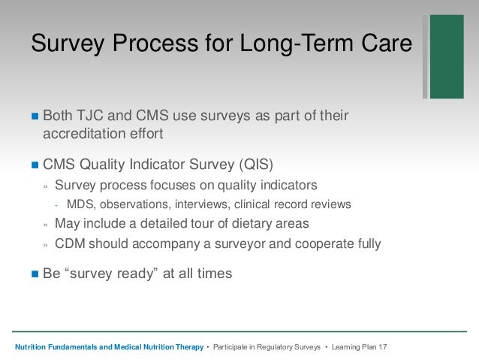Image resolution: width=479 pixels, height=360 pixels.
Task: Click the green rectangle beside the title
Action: [x=447, y=56]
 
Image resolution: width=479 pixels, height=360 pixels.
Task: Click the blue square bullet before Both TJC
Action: [x=35, y=116]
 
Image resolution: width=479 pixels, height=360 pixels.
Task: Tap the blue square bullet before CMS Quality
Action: [x=35, y=165]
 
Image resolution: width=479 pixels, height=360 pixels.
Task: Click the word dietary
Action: [x=252, y=223]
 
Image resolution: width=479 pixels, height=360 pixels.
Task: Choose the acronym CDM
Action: [x=70, y=244]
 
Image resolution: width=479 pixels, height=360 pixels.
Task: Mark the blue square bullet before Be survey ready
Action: [x=35, y=274]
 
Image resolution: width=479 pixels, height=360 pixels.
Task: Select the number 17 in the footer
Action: [x=383, y=347]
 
